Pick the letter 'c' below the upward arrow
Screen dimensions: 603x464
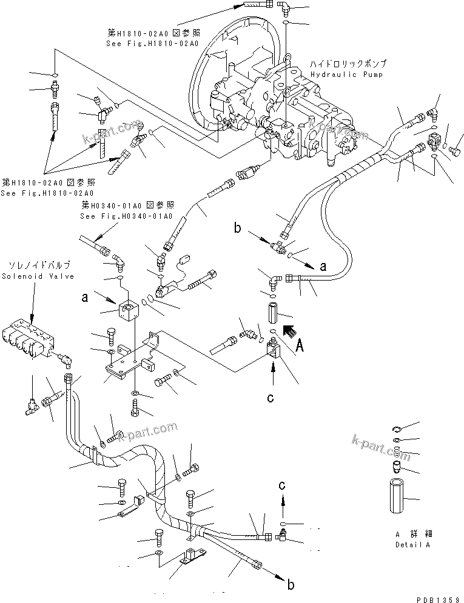pyautogui.click(x=271, y=398)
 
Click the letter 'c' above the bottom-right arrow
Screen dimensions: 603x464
pyautogui.click(x=282, y=485)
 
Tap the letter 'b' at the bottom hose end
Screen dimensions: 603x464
pyautogui.click(x=291, y=585)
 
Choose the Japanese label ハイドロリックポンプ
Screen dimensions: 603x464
pyautogui.click(x=348, y=64)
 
